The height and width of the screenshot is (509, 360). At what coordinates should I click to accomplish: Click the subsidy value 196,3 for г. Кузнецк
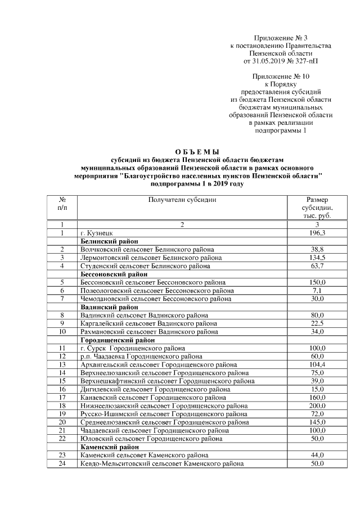(x=317, y=232)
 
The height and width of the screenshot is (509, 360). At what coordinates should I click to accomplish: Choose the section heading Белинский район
(x=106, y=241)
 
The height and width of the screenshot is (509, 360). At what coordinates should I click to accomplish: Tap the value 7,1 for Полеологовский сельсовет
(x=317, y=290)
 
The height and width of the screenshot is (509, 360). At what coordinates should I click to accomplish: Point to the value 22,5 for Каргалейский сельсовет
(x=317, y=323)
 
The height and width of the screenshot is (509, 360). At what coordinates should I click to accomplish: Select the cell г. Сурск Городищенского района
(x=133, y=348)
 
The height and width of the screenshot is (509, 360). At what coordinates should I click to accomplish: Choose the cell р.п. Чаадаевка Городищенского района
(x=149, y=357)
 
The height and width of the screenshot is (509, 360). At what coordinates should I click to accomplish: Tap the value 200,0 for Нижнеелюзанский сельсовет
(x=317, y=406)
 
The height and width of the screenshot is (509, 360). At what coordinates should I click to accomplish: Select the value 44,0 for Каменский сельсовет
(x=317, y=455)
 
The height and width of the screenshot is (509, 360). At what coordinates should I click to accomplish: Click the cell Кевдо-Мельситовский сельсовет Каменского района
(x=162, y=463)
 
